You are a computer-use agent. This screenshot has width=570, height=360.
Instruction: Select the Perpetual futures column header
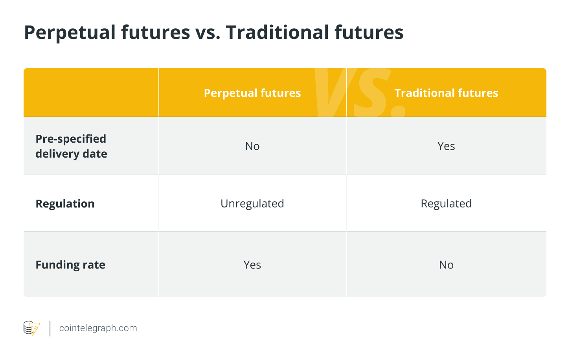[x=252, y=93]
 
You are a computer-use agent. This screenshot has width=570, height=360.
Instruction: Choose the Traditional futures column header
[x=446, y=93]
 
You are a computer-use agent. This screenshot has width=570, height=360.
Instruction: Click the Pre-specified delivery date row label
[x=71, y=146]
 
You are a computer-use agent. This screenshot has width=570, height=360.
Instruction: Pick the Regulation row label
[x=65, y=204]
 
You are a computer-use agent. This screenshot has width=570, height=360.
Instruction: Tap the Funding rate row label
[x=70, y=265]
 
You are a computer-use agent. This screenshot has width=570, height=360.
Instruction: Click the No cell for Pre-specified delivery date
[x=252, y=146]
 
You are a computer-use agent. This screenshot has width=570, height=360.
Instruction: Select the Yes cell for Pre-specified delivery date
[x=446, y=146]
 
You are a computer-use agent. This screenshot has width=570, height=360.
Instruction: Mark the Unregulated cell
[x=252, y=204]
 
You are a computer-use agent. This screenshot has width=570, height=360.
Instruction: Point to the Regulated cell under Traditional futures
[x=446, y=204]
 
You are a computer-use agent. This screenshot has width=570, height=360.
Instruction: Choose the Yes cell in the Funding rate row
[x=252, y=265]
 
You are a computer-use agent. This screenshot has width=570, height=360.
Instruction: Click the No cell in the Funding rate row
[x=446, y=265]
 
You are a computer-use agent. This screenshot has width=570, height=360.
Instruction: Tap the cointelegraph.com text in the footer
[x=98, y=328]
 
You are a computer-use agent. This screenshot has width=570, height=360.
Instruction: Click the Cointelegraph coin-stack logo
[x=32, y=328]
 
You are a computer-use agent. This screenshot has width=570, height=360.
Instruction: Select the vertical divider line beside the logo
[x=50, y=329]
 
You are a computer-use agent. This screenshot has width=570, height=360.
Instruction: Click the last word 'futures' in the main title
[x=369, y=32]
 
